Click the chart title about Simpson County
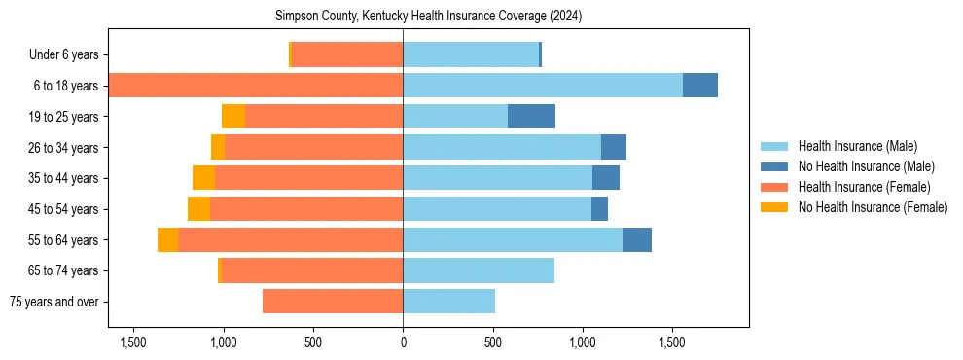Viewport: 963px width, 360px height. (x=428, y=17)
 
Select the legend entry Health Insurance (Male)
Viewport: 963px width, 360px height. (x=857, y=147)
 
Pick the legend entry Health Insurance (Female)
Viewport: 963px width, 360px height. (x=864, y=187)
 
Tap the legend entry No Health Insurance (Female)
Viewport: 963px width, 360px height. (x=873, y=207)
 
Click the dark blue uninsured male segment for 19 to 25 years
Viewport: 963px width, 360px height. (x=531, y=117)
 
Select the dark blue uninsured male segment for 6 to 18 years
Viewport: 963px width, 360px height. (x=699, y=86)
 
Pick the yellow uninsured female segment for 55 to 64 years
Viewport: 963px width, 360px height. (x=167, y=240)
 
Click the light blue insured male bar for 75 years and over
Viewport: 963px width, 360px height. (x=448, y=302)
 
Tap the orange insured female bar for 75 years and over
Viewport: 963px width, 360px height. (x=333, y=302)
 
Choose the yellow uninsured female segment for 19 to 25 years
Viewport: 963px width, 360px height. (x=233, y=117)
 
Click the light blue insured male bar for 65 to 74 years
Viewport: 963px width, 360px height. (x=479, y=270)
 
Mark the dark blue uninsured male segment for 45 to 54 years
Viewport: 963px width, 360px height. (x=599, y=209)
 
